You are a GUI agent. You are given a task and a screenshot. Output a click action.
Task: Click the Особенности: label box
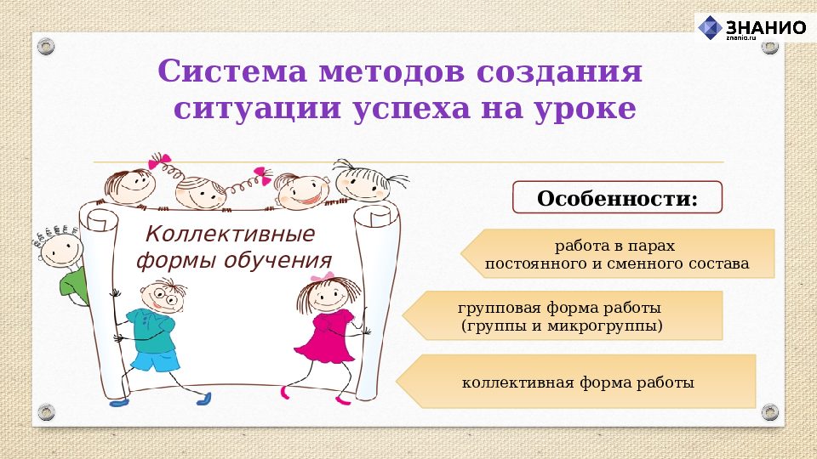[617, 197]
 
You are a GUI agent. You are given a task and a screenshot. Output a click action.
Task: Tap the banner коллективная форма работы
[577, 382]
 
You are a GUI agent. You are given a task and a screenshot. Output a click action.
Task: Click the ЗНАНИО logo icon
[710, 27]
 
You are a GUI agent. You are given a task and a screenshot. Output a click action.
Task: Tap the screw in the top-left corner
[45, 44]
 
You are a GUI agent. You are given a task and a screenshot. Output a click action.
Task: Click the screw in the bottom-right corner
[770, 412]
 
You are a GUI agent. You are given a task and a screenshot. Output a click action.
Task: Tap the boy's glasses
[163, 298]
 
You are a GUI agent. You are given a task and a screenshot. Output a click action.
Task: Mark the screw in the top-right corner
[769, 44]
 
